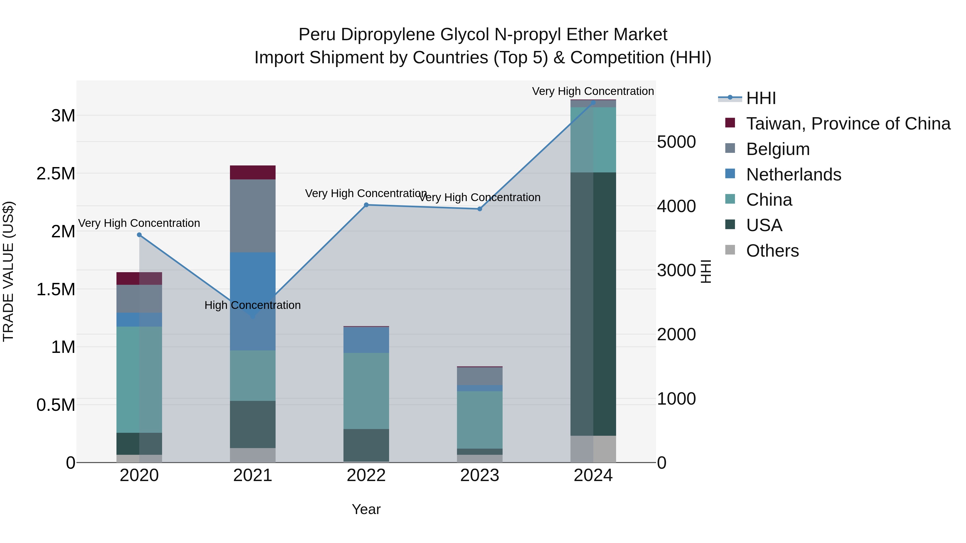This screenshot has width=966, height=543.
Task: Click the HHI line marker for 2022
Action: pos(366,205)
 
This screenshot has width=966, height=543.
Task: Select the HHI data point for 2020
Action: pos(139,235)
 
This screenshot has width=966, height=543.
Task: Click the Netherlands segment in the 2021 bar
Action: pos(253,285)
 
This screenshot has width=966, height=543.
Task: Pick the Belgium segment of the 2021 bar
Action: pos(253,216)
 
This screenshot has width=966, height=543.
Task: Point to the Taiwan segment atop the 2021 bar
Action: pos(253,172)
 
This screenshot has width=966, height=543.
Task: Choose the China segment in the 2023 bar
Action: pos(480,420)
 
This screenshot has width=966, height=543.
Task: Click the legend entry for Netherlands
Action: pos(793,175)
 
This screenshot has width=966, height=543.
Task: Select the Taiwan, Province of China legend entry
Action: pos(847,124)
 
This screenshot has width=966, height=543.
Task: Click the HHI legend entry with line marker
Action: pos(760,98)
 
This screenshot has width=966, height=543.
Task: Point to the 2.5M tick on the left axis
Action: pos(56,173)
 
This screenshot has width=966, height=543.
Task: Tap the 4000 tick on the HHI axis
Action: pos(676,206)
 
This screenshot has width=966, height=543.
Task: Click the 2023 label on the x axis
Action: pos(480,475)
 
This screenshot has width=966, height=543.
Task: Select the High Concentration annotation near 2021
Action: pos(253,305)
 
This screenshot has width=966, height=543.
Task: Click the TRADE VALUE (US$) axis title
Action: pos(8,271)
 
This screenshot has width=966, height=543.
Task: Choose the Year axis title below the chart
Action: pos(366,509)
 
